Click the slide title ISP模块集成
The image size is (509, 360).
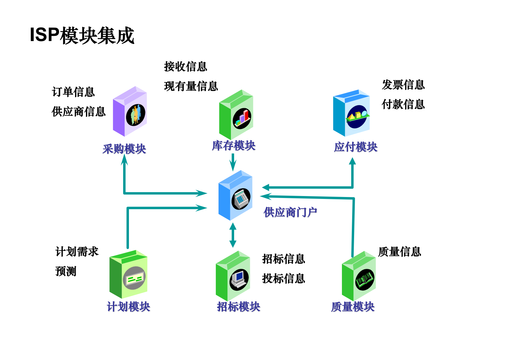(x=82, y=35)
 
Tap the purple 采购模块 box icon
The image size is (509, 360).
(x=130, y=112)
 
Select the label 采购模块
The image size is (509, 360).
(x=124, y=149)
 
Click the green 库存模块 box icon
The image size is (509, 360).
(x=236, y=115)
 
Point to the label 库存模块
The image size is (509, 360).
(x=233, y=146)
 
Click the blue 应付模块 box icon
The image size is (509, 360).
(x=351, y=113)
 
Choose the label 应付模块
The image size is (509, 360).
(x=356, y=147)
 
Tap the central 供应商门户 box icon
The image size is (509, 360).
(x=235, y=195)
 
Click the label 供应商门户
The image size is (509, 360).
(x=290, y=212)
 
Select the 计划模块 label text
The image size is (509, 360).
(x=128, y=307)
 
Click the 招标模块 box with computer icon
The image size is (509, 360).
(x=233, y=276)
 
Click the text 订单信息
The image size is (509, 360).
(x=73, y=92)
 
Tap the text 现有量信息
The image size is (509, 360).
(x=191, y=86)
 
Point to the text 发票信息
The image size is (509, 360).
(x=403, y=85)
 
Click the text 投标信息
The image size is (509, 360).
(x=284, y=279)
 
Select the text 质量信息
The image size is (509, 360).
(x=399, y=252)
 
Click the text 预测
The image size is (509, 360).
(x=66, y=271)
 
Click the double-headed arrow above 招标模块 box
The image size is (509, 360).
(x=233, y=235)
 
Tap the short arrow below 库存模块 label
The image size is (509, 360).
(x=233, y=162)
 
